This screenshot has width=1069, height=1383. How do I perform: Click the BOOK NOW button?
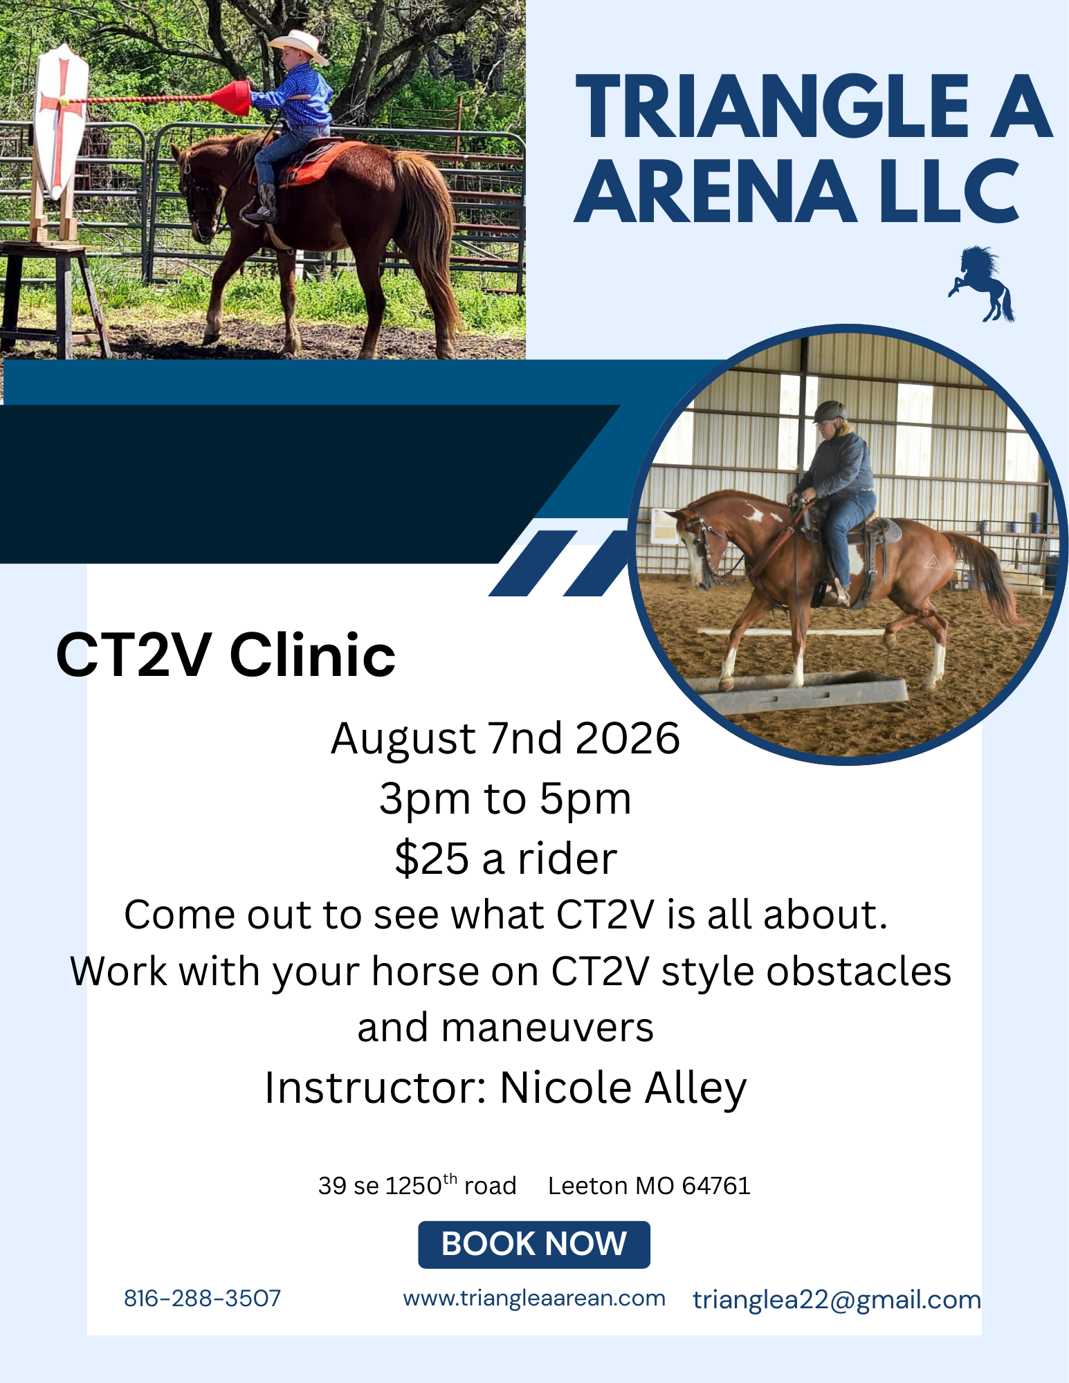pyautogui.click(x=534, y=1244)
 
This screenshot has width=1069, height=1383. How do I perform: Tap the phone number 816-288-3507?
pyautogui.click(x=203, y=1299)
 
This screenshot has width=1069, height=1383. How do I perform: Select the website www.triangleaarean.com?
pyautogui.click(x=534, y=1298)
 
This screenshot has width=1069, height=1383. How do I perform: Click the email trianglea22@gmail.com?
pyautogui.click(x=837, y=1300)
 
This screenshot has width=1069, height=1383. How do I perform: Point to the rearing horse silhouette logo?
pyautogui.click(x=983, y=284)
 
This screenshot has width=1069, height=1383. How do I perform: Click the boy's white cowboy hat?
pyautogui.click(x=299, y=46)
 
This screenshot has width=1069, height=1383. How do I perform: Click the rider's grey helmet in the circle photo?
pyautogui.click(x=830, y=412)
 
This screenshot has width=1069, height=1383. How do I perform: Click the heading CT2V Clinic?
pyautogui.click(x=226, y=654)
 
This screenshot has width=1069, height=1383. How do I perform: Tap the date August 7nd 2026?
pyautogui.click(x=506, y=738)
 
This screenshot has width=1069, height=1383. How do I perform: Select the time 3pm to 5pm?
pyautogui.click(x=506, y=799)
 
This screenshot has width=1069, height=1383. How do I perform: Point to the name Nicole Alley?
pyautogui.click(x=623, y=1088)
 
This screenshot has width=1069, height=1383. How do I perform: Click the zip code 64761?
pyautogui.click(x=716, y=1186)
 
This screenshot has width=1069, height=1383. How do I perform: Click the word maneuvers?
pyautogui.click(x=547, y=1028)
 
